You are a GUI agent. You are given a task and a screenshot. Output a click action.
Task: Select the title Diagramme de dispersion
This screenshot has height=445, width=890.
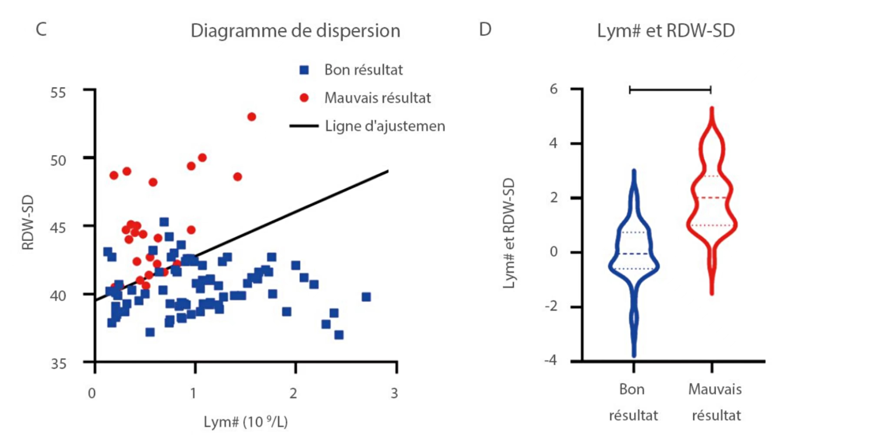pos(296,31)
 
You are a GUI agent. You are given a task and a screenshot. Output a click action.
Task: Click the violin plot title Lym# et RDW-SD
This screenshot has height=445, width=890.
pos(666,31)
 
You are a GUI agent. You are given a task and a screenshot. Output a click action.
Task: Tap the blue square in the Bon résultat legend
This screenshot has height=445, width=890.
pos(304,70)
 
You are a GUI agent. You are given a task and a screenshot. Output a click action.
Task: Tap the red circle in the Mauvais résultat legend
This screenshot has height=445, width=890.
pos(304,98)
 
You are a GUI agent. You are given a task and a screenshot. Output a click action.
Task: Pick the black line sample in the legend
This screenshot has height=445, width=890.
pos(304,126)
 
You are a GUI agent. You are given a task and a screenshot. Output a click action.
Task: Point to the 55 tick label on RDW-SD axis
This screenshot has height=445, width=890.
pos(58,93)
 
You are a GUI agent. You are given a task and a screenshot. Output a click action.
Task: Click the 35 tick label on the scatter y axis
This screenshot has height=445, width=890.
pos(58,364)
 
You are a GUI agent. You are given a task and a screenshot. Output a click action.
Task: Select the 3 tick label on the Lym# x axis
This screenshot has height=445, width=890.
pos(394,393)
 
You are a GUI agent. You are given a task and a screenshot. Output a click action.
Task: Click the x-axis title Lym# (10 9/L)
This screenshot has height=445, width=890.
pos(246,422)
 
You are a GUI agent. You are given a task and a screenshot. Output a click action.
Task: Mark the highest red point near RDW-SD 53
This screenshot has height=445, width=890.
pos(252,117)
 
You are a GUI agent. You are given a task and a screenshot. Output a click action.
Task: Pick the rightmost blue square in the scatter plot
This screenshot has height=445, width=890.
pos(366,297)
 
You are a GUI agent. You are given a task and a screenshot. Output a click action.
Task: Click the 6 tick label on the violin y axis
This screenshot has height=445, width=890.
pos(553,89)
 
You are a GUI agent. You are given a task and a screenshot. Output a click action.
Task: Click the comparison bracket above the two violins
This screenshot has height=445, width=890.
pos(670,90)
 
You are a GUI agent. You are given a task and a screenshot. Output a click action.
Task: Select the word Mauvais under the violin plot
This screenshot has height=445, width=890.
pos(715,389)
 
